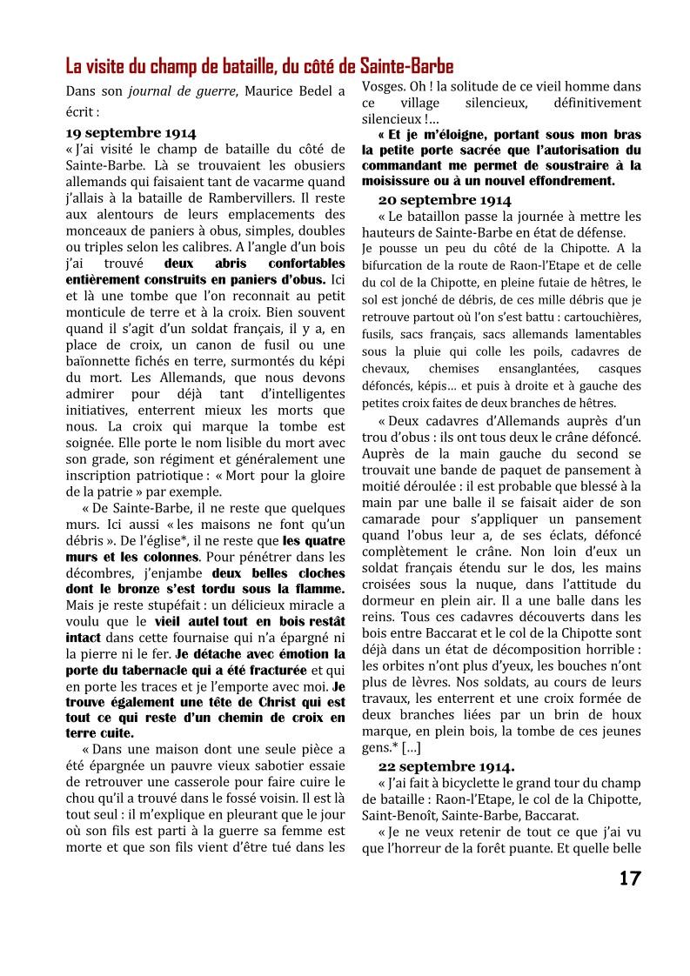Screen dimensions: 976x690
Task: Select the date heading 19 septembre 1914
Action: pyautogui.click(x=131, y=133)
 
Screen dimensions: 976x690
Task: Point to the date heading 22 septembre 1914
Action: pyautogui.click(x=445, y=766)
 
